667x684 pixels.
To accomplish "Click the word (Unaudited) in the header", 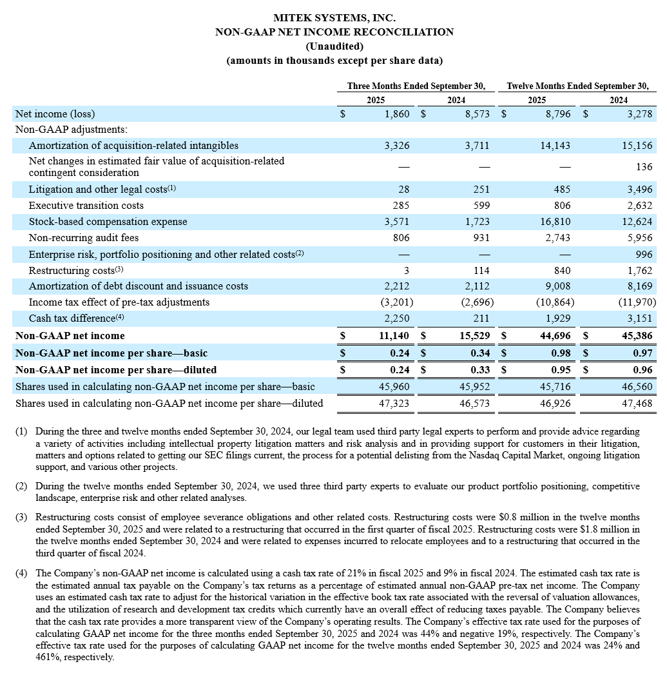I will (334, 46).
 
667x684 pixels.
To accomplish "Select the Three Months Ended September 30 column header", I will (416, 86).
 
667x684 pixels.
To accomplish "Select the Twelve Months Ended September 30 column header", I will (577, 86).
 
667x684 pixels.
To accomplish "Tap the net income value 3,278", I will (639, 114).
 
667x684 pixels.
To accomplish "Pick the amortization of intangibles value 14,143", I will (556, 146).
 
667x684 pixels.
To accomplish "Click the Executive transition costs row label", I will (86, 206).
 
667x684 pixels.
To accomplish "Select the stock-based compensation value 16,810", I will (556, 222).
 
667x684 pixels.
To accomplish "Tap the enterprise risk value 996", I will (644, 254).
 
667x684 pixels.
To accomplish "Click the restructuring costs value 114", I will (480, 270).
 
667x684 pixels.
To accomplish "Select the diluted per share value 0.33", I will (479, 370).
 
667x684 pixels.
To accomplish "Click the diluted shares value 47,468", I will (638, 404).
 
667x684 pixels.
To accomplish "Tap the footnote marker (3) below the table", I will (21, 517).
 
